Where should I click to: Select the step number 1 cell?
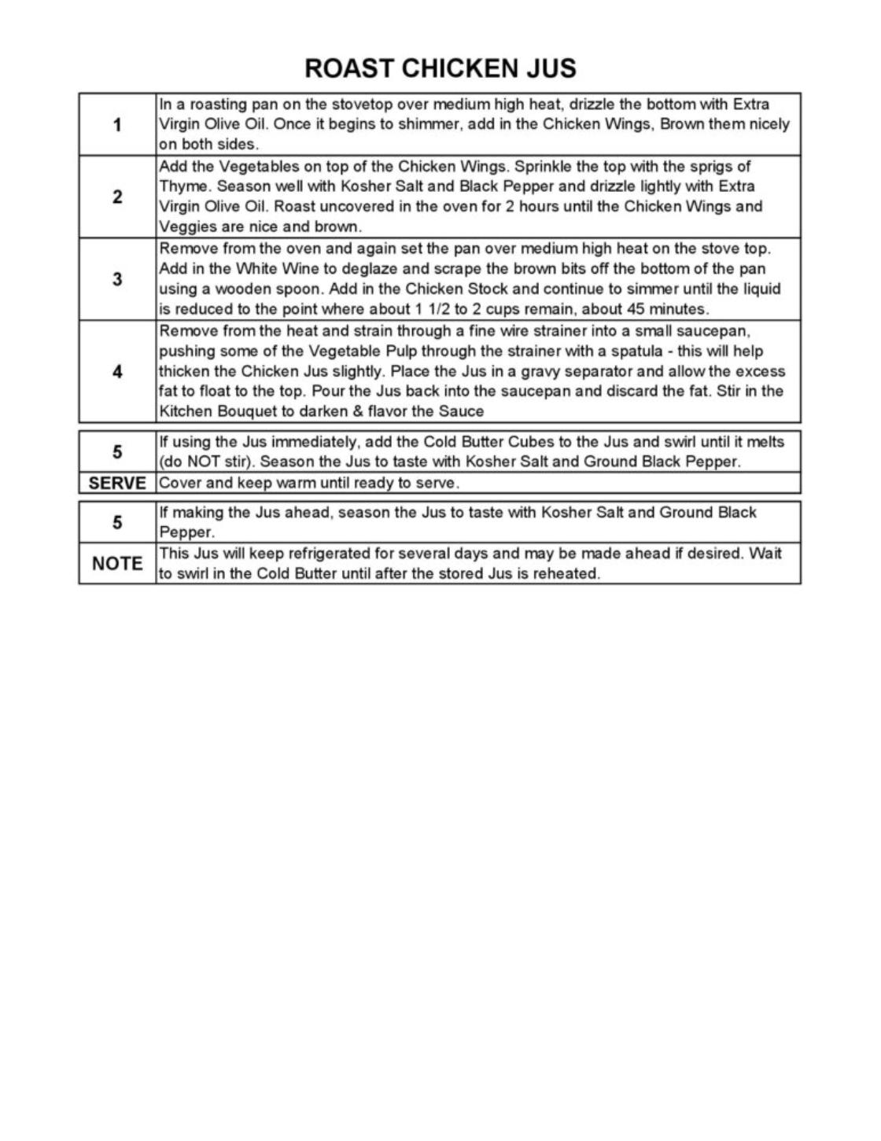click(117, 124)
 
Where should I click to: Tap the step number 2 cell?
click(117, 197)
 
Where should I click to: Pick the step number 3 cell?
click(117, 279)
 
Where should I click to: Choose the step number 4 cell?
click(117, 371)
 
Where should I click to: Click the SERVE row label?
click(117, 483)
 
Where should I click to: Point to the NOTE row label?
click(117, 563)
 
